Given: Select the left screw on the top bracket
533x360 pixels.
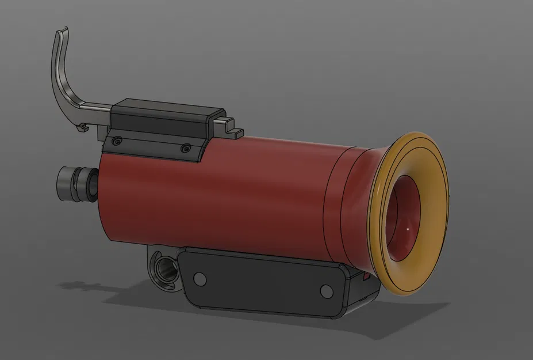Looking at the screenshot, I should click(x=117, y=141).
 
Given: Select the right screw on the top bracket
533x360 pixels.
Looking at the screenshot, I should click(x=185, y=149).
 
